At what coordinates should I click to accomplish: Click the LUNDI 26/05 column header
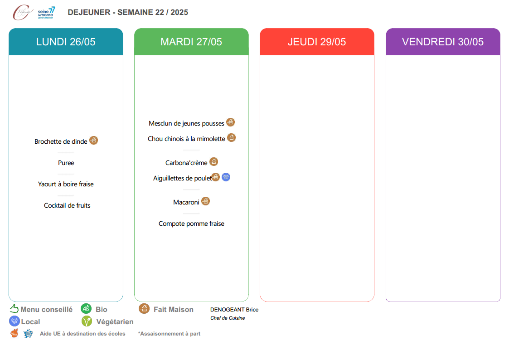[66, 42]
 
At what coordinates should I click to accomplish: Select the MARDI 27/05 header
[192, 42]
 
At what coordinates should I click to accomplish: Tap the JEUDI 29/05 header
[317, 42]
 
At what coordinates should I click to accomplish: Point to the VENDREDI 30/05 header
[443, 42]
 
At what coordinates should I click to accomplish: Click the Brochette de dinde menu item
[61, 141]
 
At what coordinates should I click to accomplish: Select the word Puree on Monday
[66, 163]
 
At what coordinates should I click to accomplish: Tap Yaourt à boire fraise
[66, 184]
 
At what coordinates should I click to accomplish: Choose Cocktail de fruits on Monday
[67, 205]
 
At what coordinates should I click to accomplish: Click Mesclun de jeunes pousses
[186, 123]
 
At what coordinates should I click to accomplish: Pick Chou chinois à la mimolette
[186, 139]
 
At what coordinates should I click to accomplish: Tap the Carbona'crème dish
[186, 163]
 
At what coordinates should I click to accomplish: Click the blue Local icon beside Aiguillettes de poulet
[226, 177]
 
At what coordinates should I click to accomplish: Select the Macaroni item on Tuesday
[186, 202]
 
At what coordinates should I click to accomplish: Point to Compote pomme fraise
[192, 224]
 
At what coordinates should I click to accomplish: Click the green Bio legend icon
[86, 308]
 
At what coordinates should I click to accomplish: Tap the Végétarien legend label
[115, 322]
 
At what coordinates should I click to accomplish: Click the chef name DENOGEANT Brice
[234, 310]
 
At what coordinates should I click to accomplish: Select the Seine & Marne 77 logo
[46, 13]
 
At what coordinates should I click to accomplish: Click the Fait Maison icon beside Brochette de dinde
[93, 140]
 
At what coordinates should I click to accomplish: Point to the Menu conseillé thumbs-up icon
[14, 308]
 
